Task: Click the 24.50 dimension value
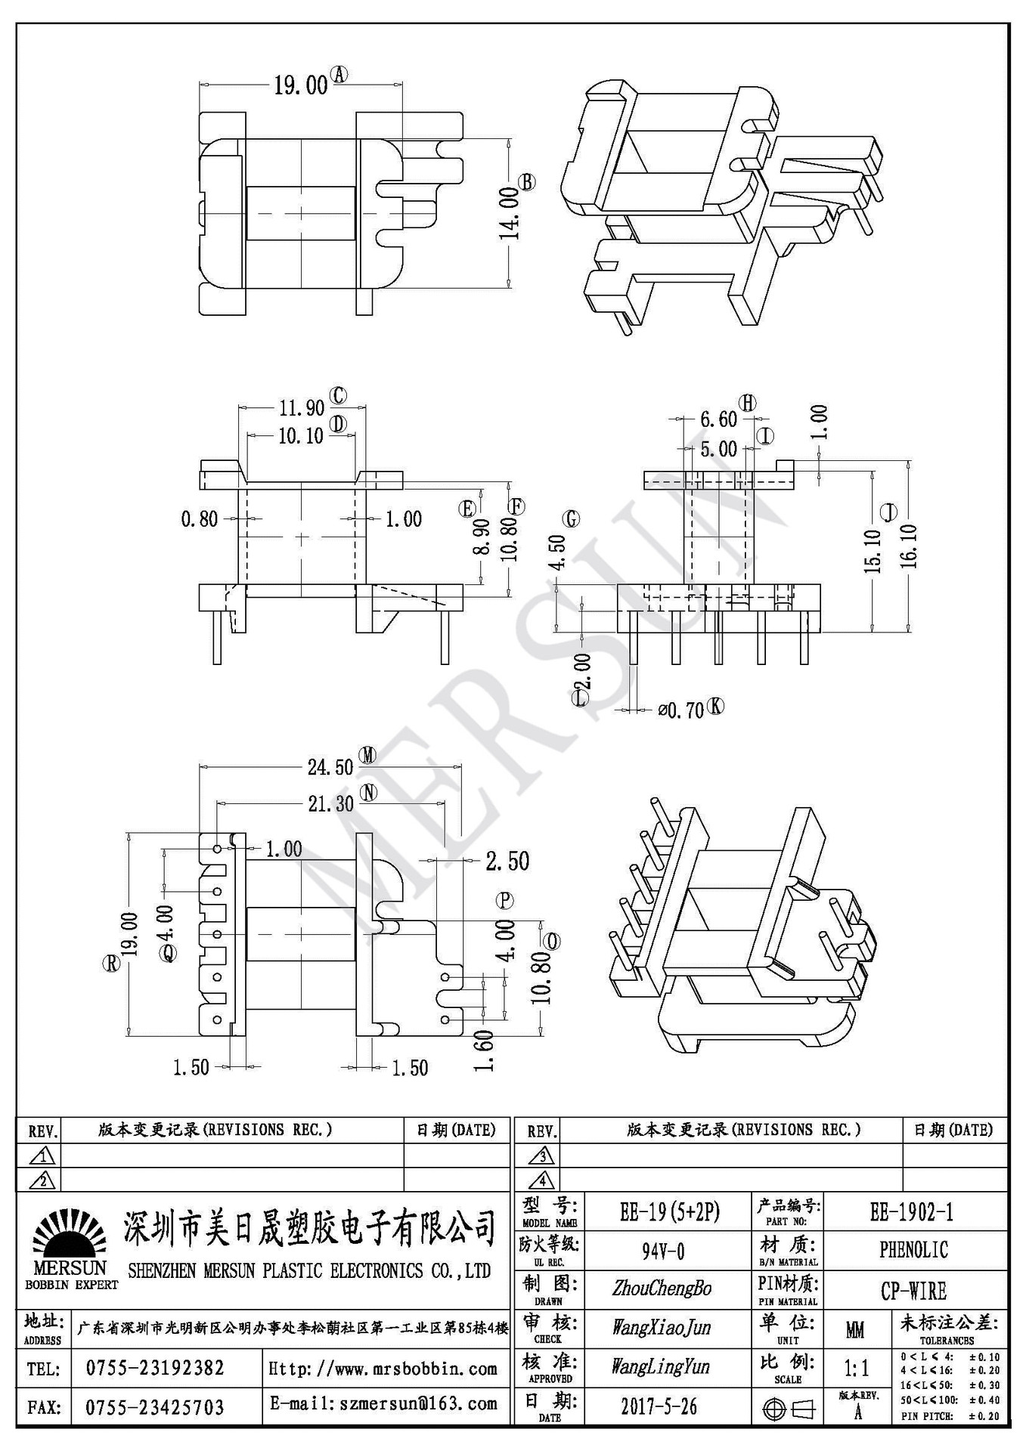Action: [x=330, y=767]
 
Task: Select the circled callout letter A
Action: [x=340, y=74]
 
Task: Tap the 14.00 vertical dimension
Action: [x=509, y=214]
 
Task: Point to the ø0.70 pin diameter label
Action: [x=680, y=710]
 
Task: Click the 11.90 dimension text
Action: [x=302, y=408]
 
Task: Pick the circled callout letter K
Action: [x=715, y=707]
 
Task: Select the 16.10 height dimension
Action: [x=910, y=546]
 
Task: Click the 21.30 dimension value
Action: [x=330, y=804]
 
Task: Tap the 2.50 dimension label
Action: [x=507, y=861]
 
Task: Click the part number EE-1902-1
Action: [x=912, y=1212]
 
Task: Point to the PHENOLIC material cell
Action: [x=913, y=1250]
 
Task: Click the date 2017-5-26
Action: [x=659, y=1406]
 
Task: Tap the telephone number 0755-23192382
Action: [x=155, y=1369]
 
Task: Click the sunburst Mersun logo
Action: [x=70, y=1235]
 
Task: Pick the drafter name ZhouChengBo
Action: [x=662, y=1289]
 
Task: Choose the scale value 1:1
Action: [x=856, y=1368]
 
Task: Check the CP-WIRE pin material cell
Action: [x=913, y=1291]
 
